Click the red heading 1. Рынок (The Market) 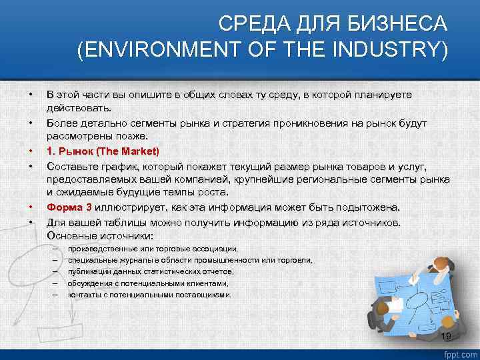[103, 151]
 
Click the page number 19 [446, 336]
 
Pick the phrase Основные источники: [100, 236]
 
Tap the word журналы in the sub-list [124, 260]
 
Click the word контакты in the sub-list [83, 294]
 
